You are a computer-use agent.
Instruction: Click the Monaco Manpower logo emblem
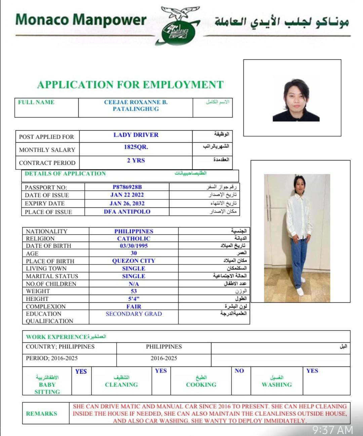pyautogui.click(x=177, y=26)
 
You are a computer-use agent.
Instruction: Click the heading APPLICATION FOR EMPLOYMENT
pyautogui.click(x=130, y=85)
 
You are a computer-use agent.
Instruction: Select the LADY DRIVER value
pyautogui.click(x=136, y=135)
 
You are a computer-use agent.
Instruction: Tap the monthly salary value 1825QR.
pyautogui.click(x=136, y=147)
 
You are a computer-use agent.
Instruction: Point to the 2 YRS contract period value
pyautogui.click(x=136, y=160)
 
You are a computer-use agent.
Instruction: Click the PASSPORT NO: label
pyautogui.click(x=46, y=187)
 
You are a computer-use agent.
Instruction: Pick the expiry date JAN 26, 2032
pyautogui.click(x=127, y=203)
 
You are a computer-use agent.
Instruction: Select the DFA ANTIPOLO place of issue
pyautogui.click(x=127, y=212)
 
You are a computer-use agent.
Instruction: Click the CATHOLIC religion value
pyautogui.click(x=134, y=239)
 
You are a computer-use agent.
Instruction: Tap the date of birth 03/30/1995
pyautogui.click(x=134, y=246)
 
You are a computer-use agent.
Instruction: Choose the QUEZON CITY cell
pyautogui.click(x=134, y=261)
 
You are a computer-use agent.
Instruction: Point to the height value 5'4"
pyautogui.click(x=134, y=299)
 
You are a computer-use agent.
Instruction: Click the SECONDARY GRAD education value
pyautogui.click(x=134, y=314)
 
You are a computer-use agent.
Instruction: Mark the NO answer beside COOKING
pyautogui.click(x=239, y=371)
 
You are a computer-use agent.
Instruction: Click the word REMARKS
pyautogui.click(x=41, y=414)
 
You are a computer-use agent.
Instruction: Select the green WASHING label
pyautogui.click(x=277, y=385)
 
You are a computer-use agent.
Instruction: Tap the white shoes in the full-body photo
pyautogui.click(x=300, y=291)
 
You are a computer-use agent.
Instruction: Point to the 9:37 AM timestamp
pyautogui.click(x=333, y=430)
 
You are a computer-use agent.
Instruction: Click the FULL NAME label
pyautogui.click(x=36, y=102)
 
